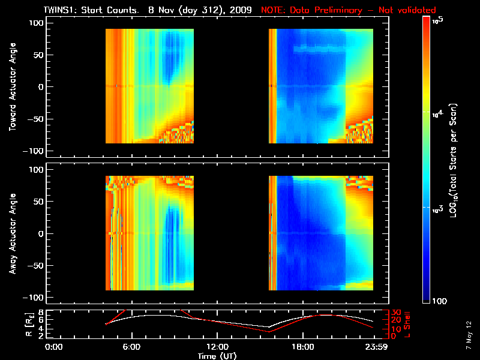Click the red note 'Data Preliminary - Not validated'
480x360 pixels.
(x=348, y=10)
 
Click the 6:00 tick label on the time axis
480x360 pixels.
(x=131, y=347)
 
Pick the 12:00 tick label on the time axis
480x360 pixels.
(x=217, y=347)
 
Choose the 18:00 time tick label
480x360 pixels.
(x=302, y=347)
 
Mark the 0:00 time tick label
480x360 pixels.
(x=55, y=347)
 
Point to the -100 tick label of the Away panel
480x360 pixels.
(x=35, y=298)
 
